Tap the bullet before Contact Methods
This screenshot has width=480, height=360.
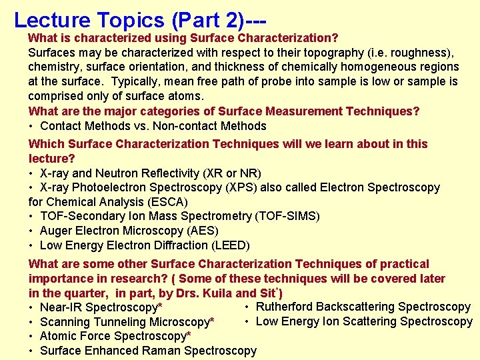coord(31,126)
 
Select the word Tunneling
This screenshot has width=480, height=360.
coord(121,322)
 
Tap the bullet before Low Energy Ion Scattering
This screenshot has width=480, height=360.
coord(247,321)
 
